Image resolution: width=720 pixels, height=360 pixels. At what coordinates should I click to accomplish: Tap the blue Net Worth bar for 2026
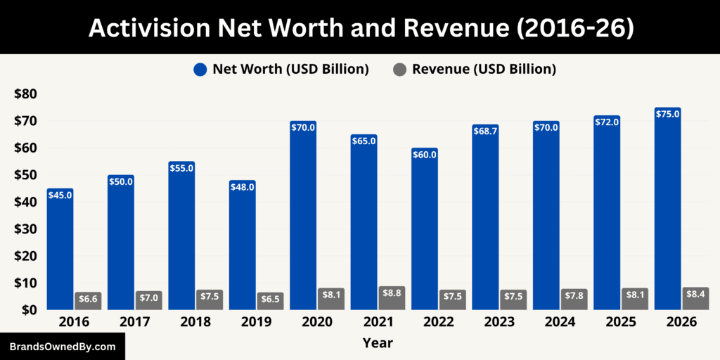[667, 211]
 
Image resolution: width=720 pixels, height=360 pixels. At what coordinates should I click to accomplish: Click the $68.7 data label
[485, 131]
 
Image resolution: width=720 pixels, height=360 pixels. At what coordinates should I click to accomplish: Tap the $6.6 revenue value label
[88, 298]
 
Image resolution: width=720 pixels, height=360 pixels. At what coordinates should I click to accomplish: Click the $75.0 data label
[667, 114]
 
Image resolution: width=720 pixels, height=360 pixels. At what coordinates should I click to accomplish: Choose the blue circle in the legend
[200, 70]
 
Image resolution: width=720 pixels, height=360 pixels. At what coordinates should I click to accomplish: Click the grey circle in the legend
[399, 70]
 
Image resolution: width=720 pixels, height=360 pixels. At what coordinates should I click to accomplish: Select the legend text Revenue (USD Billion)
[484, 70]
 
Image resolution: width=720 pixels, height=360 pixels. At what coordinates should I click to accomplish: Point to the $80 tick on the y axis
[25, 94]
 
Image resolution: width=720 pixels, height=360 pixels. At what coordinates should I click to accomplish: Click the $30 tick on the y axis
[25, 229]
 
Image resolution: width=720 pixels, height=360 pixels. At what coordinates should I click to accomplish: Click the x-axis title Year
[378, 343]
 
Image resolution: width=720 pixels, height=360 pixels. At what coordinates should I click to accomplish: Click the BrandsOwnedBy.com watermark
[62, 347]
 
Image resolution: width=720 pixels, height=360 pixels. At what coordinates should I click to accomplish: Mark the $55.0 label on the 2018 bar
[181, 169]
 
